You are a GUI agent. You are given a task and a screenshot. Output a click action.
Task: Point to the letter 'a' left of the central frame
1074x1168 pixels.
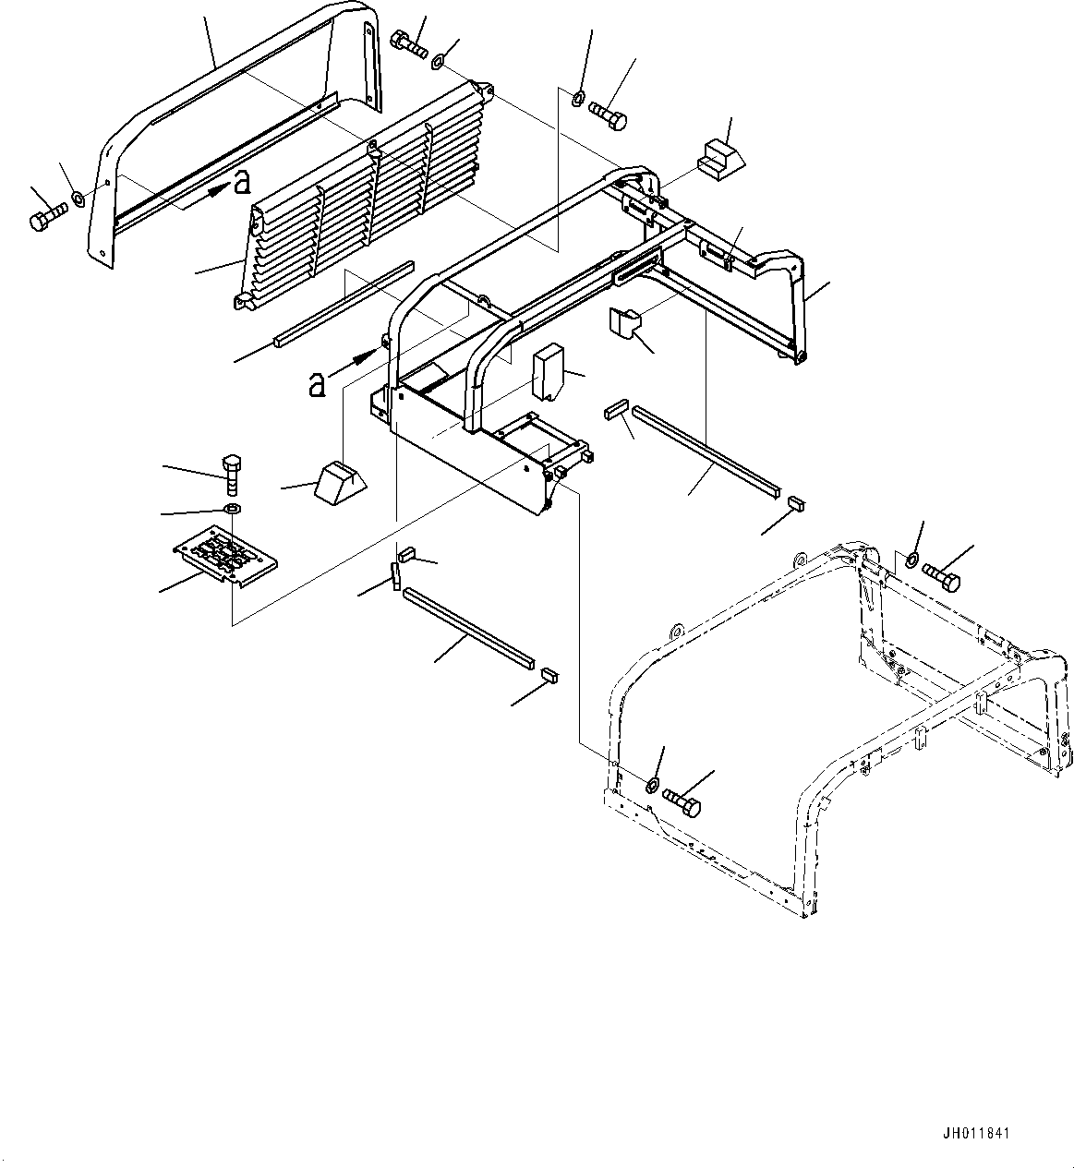317,383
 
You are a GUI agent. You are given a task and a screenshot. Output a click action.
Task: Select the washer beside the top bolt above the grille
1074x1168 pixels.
439,62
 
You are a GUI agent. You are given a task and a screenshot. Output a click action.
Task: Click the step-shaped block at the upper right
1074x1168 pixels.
722,157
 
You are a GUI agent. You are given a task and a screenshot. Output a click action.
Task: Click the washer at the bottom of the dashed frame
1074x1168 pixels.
651,786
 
